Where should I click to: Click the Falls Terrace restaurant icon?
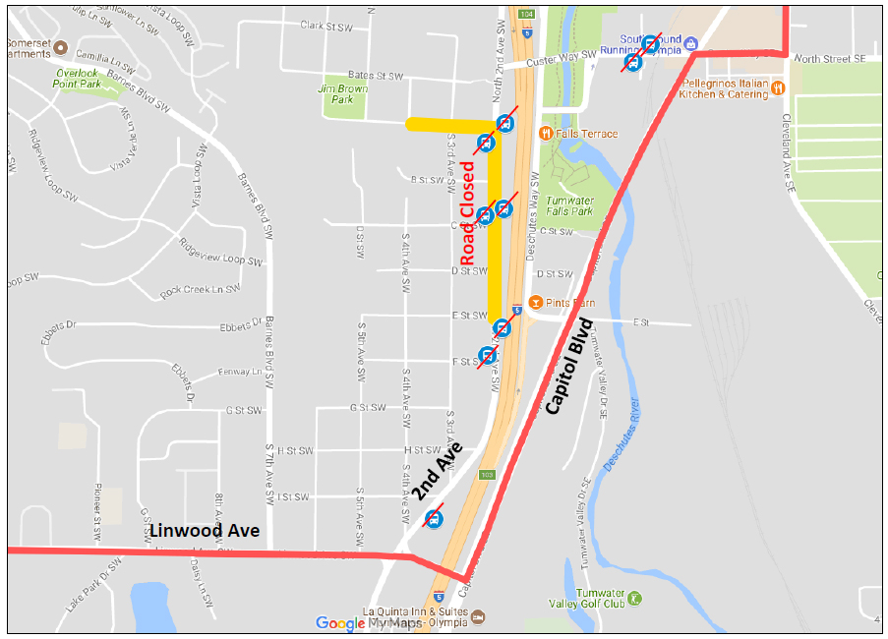[x=544, y=134]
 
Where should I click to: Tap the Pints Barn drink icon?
[x=536, y=302]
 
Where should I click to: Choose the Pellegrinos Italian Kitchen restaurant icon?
[x=777, y=87]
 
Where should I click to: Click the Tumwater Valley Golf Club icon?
[x=634, y=598]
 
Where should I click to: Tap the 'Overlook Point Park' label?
[x=79, y=79]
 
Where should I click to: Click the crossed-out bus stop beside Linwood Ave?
[x=433, y=518]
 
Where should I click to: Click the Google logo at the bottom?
[x=339, y=622]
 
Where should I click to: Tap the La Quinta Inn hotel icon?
[x=479, y=616]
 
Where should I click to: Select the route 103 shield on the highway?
[x=488, y=475]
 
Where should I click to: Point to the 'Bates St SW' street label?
[x=376, y=75]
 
